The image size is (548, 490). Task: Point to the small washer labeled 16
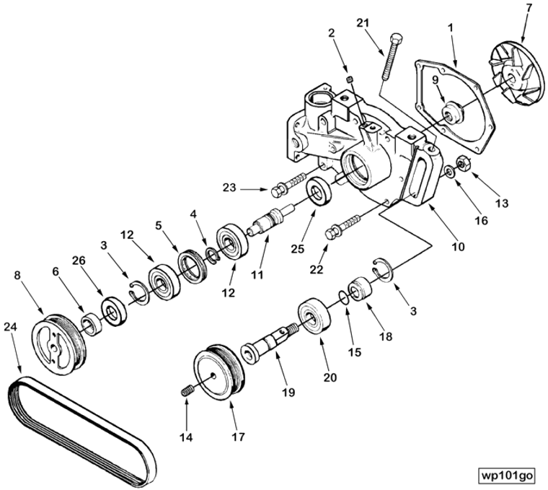[449, 172]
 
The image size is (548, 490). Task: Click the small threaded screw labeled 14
[186, 390]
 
